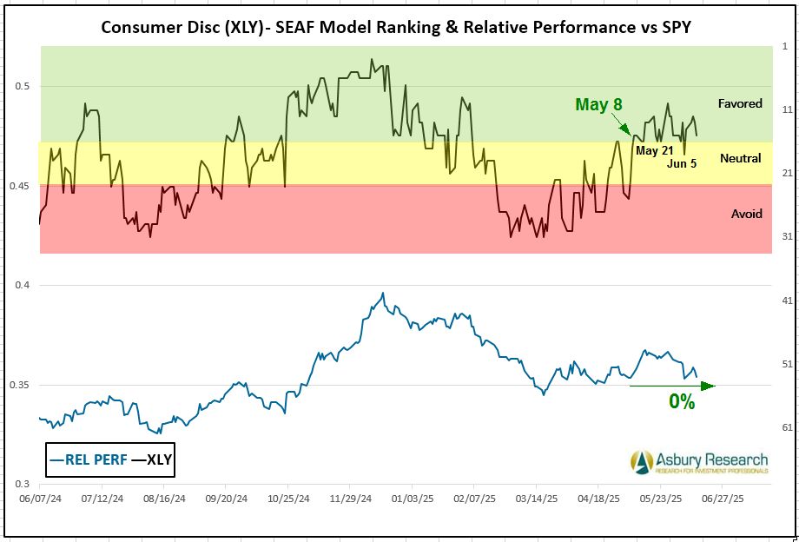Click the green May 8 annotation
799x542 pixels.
tap(598, 104)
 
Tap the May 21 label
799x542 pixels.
tap(655, 150)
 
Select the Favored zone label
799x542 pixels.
tap(740, 103)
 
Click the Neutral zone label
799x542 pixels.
tap(740, 158)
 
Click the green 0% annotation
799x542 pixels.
tap(682, 402)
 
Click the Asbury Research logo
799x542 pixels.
tap(699, 462)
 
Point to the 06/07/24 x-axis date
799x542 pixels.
tap(38, 500)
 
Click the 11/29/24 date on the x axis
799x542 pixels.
tap(349, 500)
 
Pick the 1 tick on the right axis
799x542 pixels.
tap(784, 46)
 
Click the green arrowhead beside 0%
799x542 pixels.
tap(708, 386)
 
